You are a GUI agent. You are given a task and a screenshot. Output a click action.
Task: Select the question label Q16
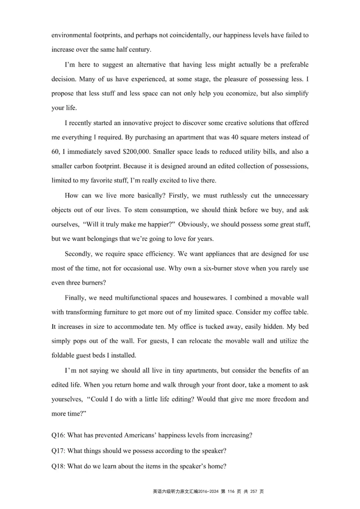tap(58, 435)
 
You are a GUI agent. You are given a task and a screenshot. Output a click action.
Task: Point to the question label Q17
tap(58, 451)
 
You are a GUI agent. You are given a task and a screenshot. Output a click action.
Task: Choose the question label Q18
tap(58, 466)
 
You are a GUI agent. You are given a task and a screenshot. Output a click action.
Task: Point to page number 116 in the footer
tap(232, 491)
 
